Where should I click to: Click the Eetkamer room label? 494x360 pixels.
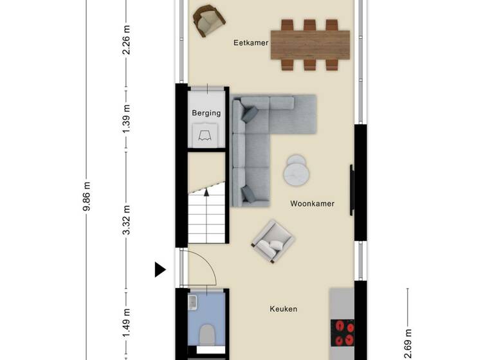tap(251, 43)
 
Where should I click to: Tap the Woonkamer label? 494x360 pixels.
tap(312, 204)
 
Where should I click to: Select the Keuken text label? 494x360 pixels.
tap(283, 309)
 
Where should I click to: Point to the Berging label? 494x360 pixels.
tap(206, 113)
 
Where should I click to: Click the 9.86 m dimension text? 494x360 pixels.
tap(87, 200)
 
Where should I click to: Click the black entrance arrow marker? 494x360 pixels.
tap(160, 269)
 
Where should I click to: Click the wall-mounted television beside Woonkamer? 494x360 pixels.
tap(351, 190)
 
